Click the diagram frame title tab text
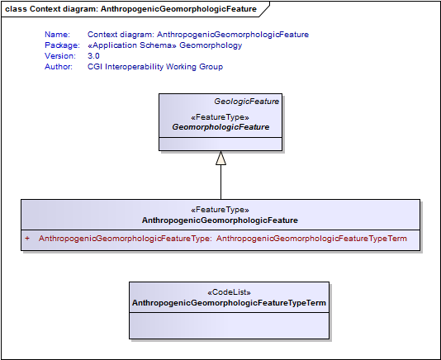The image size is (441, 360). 130,9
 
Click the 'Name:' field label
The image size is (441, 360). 57,35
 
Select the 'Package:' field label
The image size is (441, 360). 62,45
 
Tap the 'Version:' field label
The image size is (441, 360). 60,55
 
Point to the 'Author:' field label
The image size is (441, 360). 59,67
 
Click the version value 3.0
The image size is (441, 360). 93,55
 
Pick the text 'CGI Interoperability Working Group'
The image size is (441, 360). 155,67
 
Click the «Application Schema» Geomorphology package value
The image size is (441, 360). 165,45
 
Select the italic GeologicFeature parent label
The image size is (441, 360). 247,102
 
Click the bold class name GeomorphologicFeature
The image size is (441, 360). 220,127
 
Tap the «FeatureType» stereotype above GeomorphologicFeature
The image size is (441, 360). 220,117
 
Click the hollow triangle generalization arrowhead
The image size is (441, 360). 220,158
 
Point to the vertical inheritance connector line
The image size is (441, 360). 220,182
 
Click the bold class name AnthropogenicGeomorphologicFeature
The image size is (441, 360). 220,220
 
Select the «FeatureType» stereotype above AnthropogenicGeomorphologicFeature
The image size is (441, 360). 220,210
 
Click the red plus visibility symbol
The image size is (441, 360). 27,239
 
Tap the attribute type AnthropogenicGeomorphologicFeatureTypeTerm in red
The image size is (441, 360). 311,239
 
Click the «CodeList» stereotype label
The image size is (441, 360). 229,292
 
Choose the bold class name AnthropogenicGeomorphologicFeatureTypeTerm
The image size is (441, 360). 229,303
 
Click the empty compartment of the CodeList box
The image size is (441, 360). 229,325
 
